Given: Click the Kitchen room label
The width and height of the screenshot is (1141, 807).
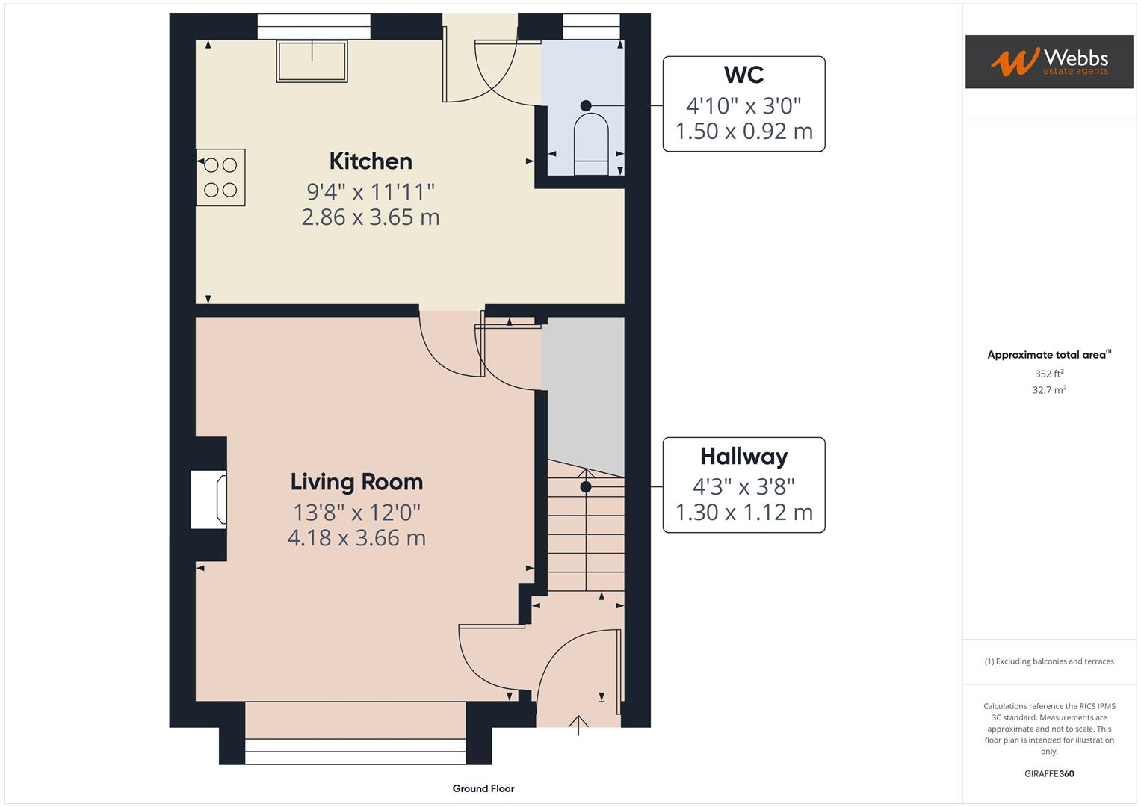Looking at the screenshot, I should [371, 161].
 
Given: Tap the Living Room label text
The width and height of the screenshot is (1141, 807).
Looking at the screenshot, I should [356, 482].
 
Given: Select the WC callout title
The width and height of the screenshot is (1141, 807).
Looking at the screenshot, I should [743, 75].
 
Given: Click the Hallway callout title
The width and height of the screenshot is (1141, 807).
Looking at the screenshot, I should [743, 457].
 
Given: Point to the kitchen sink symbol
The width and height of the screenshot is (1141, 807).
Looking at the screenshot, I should [312, 61].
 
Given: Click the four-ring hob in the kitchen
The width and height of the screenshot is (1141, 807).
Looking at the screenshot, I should [220, 178].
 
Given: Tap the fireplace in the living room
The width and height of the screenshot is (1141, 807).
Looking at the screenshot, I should [209, 499].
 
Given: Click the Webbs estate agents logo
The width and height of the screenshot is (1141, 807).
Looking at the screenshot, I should [1048, 62].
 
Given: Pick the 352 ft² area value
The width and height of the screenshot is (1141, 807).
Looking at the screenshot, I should [1048, 374].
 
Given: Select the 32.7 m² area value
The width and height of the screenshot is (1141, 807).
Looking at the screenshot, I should [1048, 390].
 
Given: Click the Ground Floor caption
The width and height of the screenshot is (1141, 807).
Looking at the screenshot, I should [483, 788].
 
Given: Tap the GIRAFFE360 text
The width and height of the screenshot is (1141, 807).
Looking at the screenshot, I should [1048, 773].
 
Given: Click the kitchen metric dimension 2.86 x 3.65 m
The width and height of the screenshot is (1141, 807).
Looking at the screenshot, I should [371, 217].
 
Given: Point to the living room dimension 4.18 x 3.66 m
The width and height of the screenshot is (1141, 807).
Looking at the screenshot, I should [356, 538].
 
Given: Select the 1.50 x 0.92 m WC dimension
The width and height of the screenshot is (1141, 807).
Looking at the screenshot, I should [743, 132].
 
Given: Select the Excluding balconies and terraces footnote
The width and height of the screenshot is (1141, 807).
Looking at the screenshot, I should [1048, 661].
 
